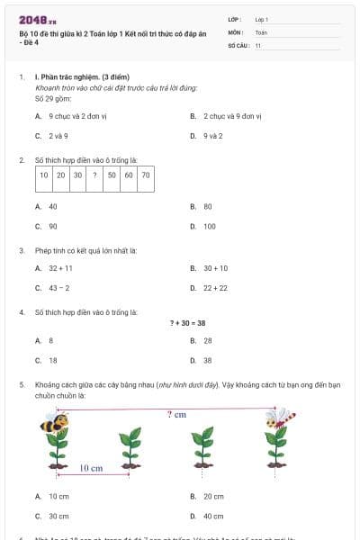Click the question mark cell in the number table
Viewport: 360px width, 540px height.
point(94,175)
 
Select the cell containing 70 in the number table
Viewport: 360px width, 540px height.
point(145,175)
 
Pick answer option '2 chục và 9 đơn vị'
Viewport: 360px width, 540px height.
point(230,116)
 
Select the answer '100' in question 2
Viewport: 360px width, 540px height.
point(210,226)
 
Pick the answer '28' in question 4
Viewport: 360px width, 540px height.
point(208,340)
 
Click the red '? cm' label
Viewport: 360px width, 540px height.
point(176,414)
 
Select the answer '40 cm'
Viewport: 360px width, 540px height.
point(213,516)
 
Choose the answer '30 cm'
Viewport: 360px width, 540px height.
point(58,516)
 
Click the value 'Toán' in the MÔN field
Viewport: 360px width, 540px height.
point(262,31)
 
